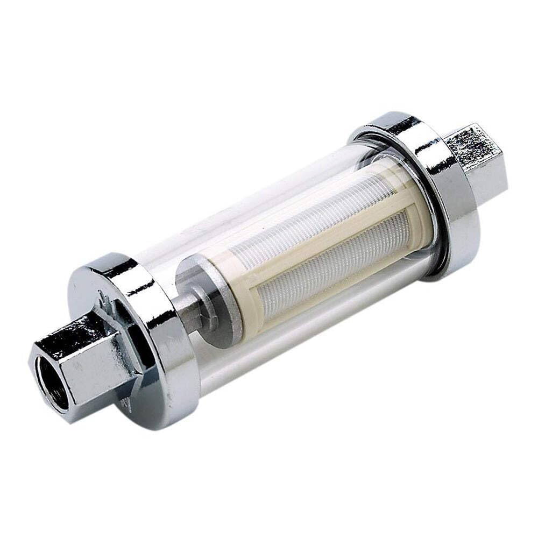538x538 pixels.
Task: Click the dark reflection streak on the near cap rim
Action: (137, 291)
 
